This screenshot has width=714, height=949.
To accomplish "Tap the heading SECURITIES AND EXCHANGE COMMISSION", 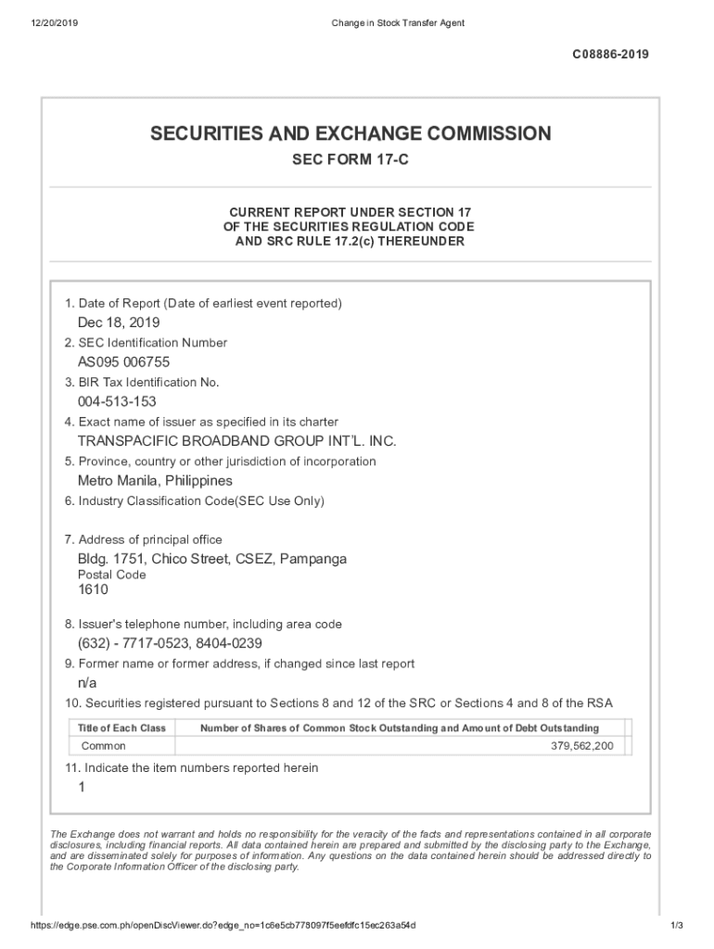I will click(x=351, y=134).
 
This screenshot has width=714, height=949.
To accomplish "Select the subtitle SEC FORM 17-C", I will click(x=351, y=161).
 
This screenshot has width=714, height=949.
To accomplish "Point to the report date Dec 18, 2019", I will click(x=119, y=323).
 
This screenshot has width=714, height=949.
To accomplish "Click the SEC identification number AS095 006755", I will click(x=123, y=362).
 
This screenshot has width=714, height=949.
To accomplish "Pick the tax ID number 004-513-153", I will click(x=117, y=402).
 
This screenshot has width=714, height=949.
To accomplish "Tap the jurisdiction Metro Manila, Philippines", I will click(x=155, y=481).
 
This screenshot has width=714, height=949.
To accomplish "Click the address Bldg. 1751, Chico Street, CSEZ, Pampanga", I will click(x=212, y=560).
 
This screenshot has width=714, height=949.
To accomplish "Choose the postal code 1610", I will click(x=93, y=589).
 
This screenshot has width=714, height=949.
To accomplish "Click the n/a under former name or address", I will click(x=87, y=683).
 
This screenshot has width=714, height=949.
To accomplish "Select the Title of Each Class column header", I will click(x=121, y=728).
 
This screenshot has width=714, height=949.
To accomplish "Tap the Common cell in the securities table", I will click(x=103, y=746).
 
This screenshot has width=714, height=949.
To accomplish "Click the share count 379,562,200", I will click(x=581, y=746).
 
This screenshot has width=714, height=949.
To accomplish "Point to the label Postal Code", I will click(x=111, y=575).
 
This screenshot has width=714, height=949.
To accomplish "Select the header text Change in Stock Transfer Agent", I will click(x=397, y=22).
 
